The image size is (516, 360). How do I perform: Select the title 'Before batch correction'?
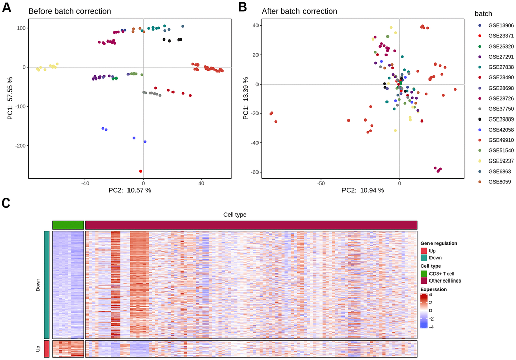pos(70,11)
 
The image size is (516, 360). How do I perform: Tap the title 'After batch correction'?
pos(299,11)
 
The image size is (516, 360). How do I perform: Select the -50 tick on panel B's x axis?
pos(320,183)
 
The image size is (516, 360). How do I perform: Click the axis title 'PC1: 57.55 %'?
pos(11,99)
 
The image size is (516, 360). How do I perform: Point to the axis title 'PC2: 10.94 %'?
pos(363,190)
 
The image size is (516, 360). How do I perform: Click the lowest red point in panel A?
pos(141,171)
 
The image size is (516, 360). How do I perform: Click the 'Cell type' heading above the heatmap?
pos(235,215)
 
